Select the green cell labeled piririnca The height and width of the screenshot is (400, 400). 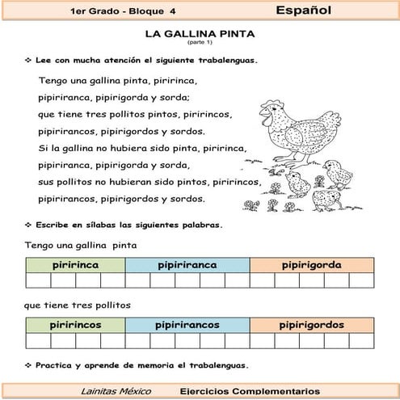[x=75, y=265]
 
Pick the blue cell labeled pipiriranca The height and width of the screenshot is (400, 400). [x=187, y=265]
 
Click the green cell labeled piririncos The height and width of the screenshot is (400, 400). [x=75, y=325]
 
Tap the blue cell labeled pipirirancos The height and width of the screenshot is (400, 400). [x=187, y=325]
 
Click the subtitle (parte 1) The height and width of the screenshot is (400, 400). [x=199, y=43]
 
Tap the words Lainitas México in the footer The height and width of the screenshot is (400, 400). [x=113, y=390]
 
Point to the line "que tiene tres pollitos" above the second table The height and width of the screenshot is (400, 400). [x=78, y=305]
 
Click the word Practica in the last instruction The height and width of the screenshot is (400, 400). [x=56, y=364]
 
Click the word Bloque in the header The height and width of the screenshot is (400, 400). [x=148, y=11]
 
